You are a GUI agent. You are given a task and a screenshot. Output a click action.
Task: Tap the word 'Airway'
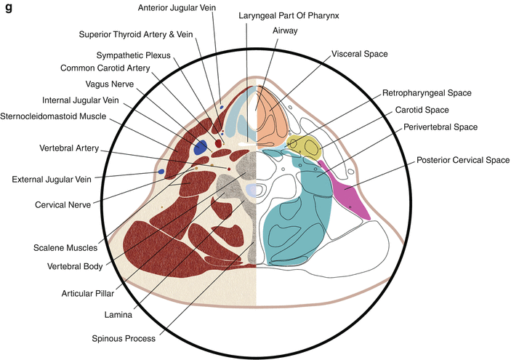click(285, 31)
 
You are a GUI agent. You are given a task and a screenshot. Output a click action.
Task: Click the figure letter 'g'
click(9, 9)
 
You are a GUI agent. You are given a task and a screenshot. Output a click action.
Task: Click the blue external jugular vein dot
click(161, 172)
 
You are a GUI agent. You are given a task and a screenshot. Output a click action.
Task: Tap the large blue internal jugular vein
click(201, 147)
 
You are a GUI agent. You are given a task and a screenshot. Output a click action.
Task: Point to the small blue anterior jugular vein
click(222, 107)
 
